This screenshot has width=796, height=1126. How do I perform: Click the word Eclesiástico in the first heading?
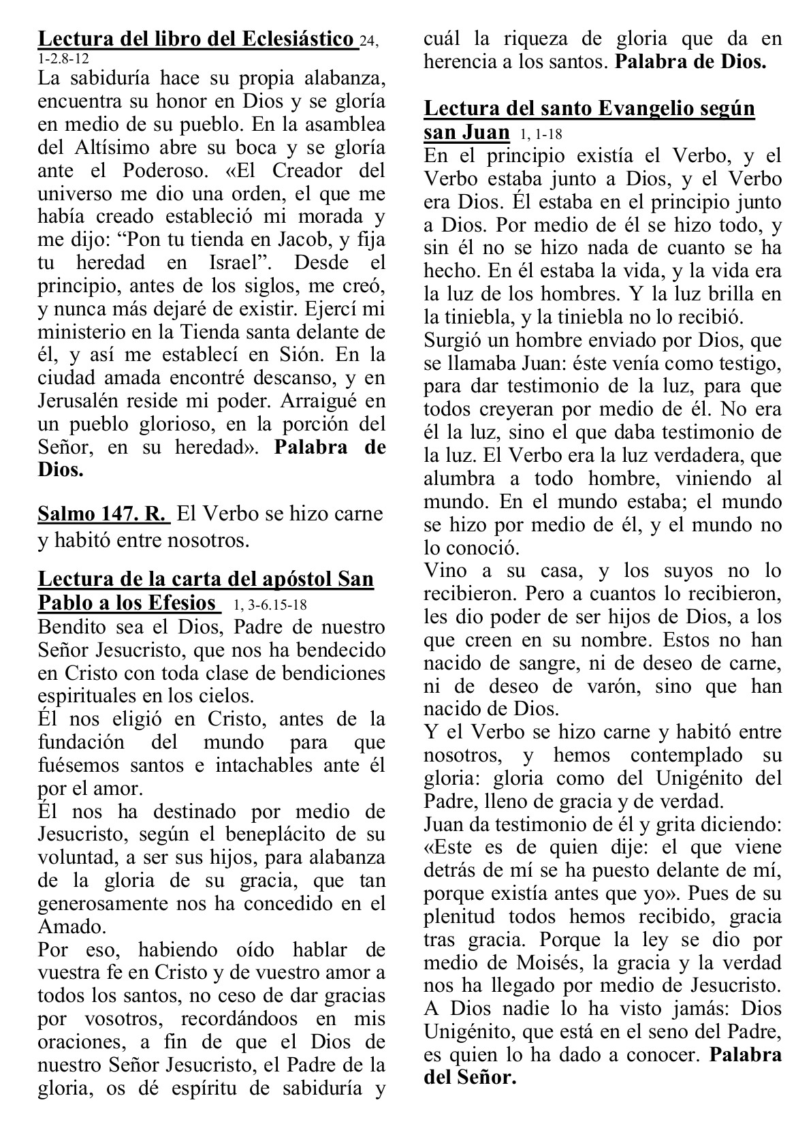coord(298,40)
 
